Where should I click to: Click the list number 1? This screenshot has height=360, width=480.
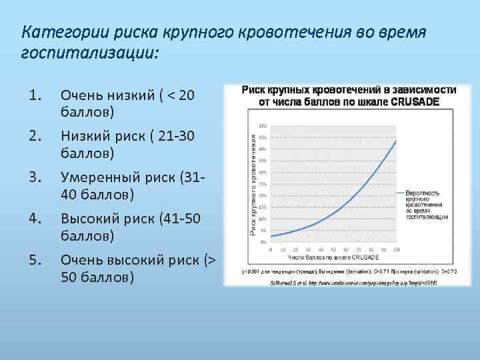(36, 96)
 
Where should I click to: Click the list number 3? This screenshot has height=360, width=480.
(36, 177)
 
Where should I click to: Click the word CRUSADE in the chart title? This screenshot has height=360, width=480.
(419, 101)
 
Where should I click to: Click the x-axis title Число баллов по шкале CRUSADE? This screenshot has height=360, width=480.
(333, 257)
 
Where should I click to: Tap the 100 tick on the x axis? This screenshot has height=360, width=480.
(396, 249)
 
